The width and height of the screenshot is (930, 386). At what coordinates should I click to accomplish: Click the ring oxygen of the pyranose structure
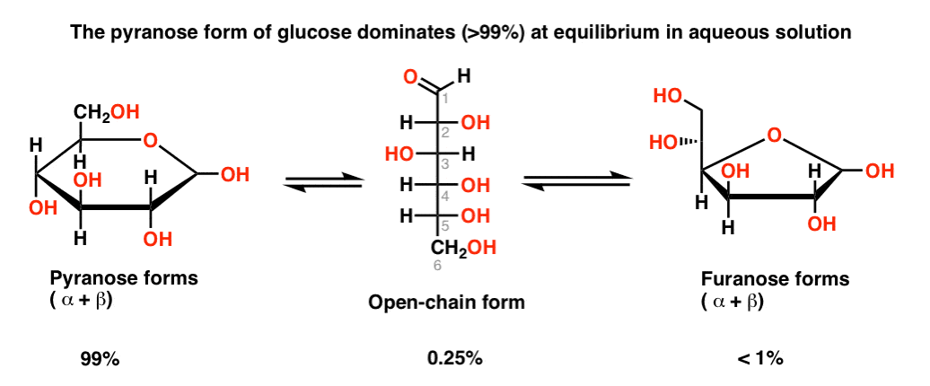(x=151, y=141)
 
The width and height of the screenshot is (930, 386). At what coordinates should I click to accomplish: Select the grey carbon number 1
(x=447, y=99)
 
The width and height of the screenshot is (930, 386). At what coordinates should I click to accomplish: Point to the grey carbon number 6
(x=436, y=267)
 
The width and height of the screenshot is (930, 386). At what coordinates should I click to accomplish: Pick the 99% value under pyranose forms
(x=101, y=359)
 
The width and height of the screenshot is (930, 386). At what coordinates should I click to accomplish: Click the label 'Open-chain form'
(x=446, y=303)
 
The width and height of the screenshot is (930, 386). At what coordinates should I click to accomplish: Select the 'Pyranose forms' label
(x=124, y=278)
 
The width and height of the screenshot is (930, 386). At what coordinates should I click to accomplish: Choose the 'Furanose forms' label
(x=776, y=278)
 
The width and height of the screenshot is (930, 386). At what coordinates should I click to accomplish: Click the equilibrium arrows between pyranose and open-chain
(x=323, y=181)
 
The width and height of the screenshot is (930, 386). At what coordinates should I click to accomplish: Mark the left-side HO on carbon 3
(x=400, y=154)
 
